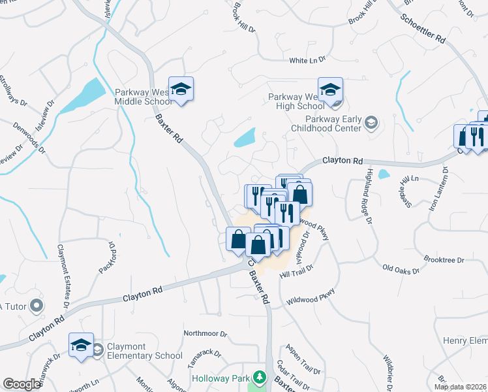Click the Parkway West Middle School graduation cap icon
[181, 90]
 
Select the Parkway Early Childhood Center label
[333, 123]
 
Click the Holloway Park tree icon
[260, 378]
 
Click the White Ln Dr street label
[307, 60]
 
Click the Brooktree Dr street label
[443, 259]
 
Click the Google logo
[22, 384]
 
